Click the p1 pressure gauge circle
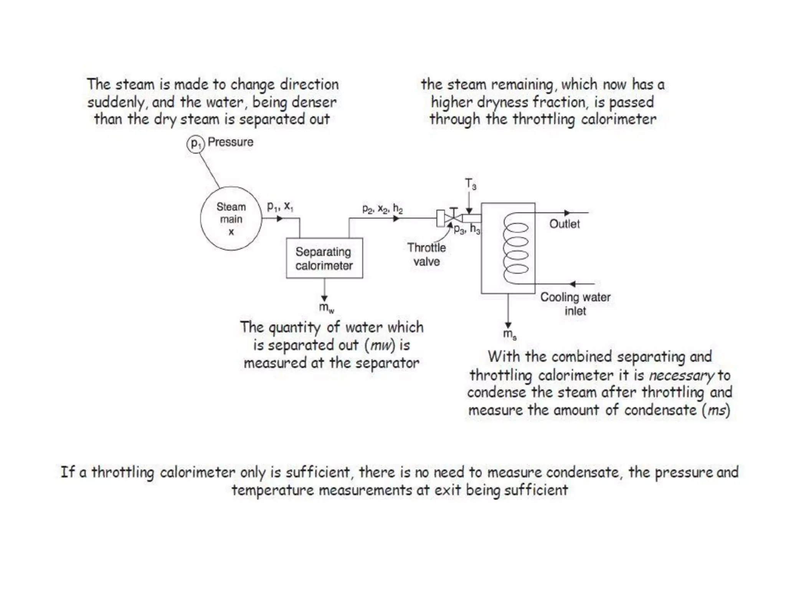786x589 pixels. point(196,144)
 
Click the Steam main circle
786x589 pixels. point(231,219)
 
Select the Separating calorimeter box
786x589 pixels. point(324,258)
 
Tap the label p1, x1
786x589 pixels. point(280,207)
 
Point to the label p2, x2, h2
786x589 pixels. point(382,209)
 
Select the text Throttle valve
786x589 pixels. point(426,255)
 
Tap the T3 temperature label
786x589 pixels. point(471,184)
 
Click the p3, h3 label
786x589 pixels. point(467,229)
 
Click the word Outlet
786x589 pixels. point(564,224)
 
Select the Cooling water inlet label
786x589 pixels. point(575,304)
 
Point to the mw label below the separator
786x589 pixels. point(326,308)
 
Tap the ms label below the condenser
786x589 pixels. point(510,334)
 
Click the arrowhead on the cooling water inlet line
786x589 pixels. point(572,284)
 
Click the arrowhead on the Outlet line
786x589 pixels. point(567,212)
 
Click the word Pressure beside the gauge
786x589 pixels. point(230,142)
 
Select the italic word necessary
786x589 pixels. point(681,375)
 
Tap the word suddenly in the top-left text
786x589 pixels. point(115,102)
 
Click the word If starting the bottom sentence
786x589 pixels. point(68,472)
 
